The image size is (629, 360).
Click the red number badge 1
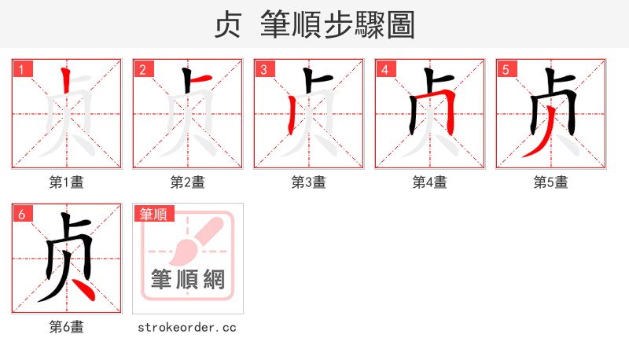coord(22,69)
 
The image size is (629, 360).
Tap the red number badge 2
coord(143,69)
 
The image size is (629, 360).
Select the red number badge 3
coord(264,69)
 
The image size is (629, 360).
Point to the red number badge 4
coord(385,69)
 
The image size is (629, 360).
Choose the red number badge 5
coord(506,69)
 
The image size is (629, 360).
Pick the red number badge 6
coord(22,214)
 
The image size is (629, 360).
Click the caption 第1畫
coord(67,182)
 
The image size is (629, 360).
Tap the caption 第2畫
coord(188,182)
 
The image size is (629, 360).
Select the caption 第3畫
coord(309,182)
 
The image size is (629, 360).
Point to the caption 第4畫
coord(430,182)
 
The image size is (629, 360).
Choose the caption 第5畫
coord(551,182)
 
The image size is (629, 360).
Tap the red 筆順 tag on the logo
coord(154,214)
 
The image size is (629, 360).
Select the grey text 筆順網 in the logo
coord(188,279)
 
